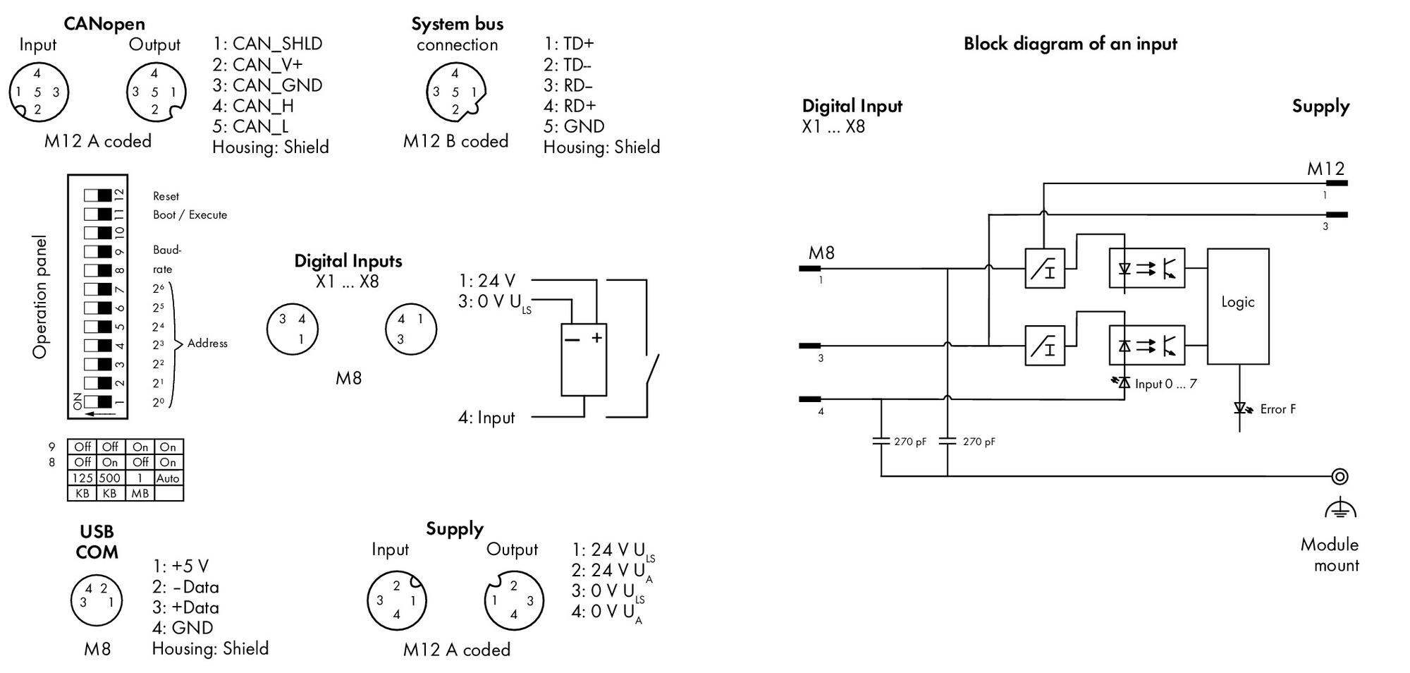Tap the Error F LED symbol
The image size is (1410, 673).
[1240, 408]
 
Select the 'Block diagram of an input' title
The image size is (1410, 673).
[1070, 44]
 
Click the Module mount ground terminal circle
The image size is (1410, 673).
[1339, 476]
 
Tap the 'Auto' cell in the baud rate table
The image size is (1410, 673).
[168, 478]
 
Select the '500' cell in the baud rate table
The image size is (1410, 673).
[110, 478]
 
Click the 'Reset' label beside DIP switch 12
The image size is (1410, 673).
[166, 196]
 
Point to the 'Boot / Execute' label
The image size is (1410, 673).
[190, 214]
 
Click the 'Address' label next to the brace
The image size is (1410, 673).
[207, 344]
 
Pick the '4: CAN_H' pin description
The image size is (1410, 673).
[253, 106]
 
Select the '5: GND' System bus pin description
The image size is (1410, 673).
[574, 126]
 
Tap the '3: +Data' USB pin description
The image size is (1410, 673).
[185, 607]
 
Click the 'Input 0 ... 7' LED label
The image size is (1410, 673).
[1165, 384]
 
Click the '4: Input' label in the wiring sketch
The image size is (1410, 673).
[486, 418]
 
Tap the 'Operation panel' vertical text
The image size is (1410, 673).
[40, 296]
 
